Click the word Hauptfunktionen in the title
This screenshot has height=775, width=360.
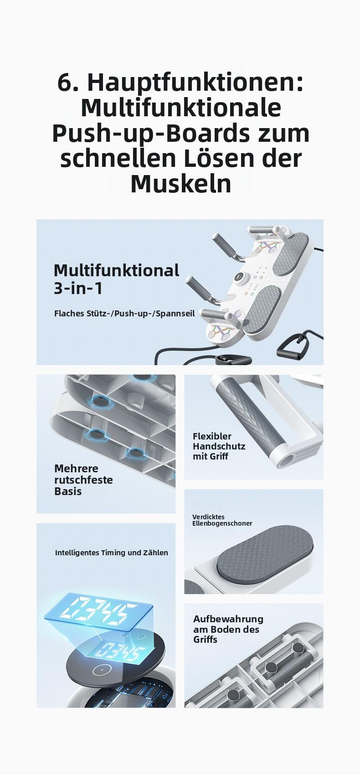click(x=195, y=83)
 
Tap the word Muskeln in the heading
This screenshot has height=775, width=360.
click(x=180, y=184)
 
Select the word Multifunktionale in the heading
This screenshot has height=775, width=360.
click(x=180, y=108)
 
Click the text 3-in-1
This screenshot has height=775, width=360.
click(x=78, y=288)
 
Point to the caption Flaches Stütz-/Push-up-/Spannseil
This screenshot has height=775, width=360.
click(x=124, y=314)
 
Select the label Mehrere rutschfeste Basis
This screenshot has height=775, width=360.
click(x=83, y=480)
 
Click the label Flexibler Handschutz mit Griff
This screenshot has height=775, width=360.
click(x=219, y=446)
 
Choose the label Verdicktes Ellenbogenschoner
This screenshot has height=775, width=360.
click(x=222, y=520)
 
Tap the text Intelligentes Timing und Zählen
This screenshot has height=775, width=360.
click(x=111, y=553)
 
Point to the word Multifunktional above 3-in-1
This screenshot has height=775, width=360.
click(x=117, y=270)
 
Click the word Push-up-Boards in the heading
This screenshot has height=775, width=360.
click(x=150, y=134)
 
